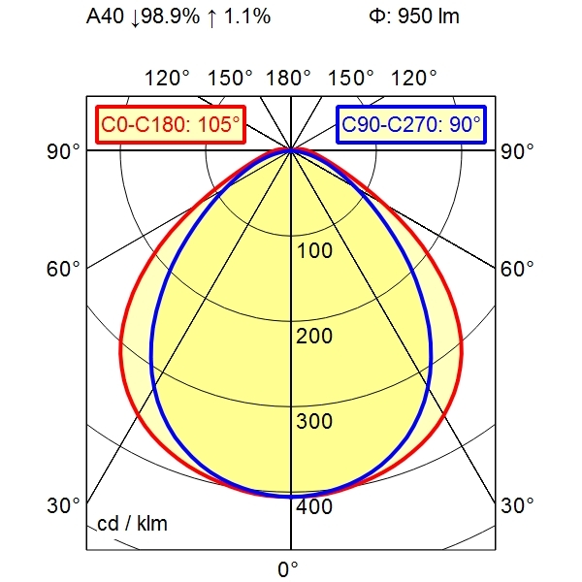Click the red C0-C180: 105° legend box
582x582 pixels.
(170, 124)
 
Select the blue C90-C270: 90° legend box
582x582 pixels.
(411, 124)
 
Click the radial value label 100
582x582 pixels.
(313, 251)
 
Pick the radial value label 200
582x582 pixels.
(313, 337)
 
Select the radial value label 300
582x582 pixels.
(313, 422)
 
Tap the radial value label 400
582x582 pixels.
(313, 506)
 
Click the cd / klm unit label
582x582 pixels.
(133, 525)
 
